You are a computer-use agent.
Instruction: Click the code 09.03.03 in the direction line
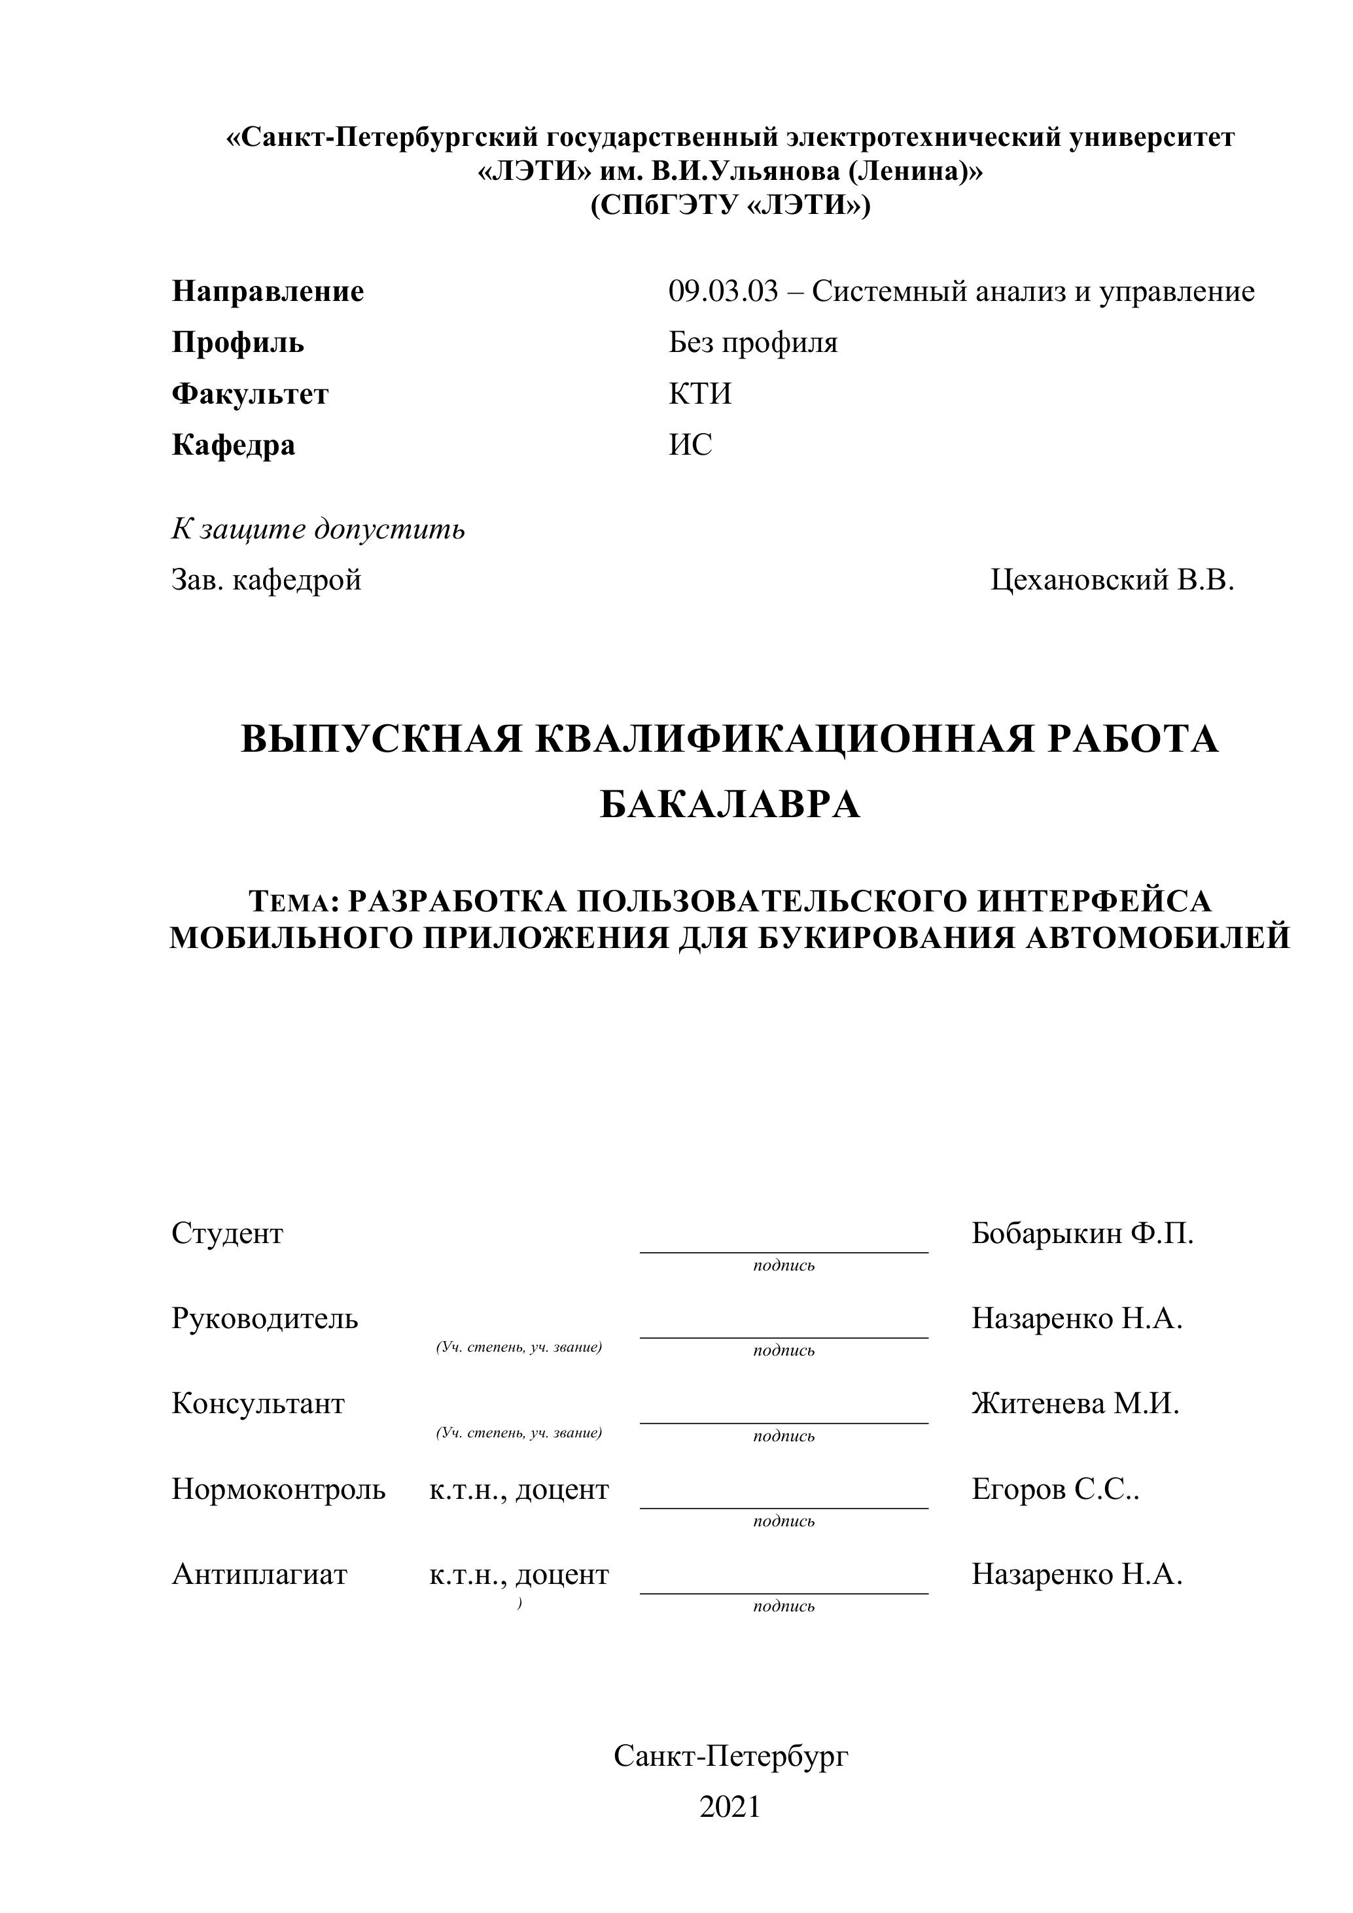722,292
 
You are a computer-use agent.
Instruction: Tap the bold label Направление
268,292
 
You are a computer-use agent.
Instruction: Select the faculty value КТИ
700,393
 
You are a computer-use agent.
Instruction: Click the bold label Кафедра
234,445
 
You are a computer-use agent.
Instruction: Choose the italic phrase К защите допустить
318,529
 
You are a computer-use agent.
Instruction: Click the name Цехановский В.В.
1112,580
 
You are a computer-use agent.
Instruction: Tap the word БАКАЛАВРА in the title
729,805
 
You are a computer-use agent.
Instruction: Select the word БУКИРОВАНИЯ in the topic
887,938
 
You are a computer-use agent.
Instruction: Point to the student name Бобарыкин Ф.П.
1082,1233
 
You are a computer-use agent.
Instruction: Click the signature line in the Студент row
783,1252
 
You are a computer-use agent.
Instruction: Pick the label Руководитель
265,1318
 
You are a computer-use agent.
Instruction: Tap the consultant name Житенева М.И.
1075,1404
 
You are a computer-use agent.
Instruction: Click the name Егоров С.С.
1055,1489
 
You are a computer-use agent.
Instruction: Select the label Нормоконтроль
278,1489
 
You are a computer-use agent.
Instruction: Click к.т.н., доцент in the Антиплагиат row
519,1574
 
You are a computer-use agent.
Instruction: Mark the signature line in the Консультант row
783,1422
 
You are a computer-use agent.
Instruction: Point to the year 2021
729,1807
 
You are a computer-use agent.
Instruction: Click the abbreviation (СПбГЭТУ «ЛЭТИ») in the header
729,205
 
